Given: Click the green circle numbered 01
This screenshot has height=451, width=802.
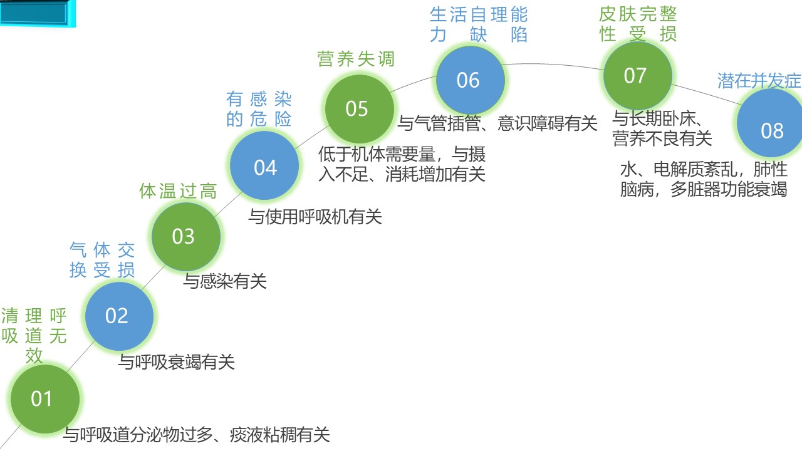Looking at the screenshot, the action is tap(45, 399).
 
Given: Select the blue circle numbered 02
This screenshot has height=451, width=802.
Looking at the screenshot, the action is tap(119, 316).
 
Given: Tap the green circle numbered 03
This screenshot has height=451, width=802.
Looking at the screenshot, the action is tap(186, 237).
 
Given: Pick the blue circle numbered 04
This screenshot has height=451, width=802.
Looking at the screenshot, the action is tap(264, 165).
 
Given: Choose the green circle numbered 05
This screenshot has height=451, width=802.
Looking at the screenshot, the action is tap(360, 109).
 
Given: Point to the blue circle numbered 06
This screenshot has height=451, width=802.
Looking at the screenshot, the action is tap(471, 80).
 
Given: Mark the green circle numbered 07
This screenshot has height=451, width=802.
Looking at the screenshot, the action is tap(638, 76).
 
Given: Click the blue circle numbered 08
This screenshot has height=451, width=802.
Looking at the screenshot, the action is tap(770, 123).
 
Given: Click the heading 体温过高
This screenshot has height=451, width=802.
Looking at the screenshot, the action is tap(178, 191).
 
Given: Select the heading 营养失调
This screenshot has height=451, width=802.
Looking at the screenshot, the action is tap(356, 59).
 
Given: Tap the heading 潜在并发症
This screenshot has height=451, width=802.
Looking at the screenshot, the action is tap(759, 80).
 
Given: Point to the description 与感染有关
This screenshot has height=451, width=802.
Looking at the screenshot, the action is tap(225, 281).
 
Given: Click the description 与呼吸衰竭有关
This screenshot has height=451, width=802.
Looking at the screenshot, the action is tap(177, 362).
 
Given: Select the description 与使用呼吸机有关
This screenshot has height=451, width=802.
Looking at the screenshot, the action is tap(315, 217).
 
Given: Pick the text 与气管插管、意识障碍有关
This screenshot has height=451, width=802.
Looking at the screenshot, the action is tap(497, 123).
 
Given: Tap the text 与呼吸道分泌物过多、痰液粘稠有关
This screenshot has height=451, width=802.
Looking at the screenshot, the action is tap(197, 435).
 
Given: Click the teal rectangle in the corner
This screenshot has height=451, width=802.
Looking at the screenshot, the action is tap(38, 13).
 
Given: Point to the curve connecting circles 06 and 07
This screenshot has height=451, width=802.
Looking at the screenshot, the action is tap(553, 65).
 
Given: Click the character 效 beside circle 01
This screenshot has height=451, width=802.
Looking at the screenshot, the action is tap(34, 356).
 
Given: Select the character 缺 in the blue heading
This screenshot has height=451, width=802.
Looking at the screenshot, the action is tap(478, 34).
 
